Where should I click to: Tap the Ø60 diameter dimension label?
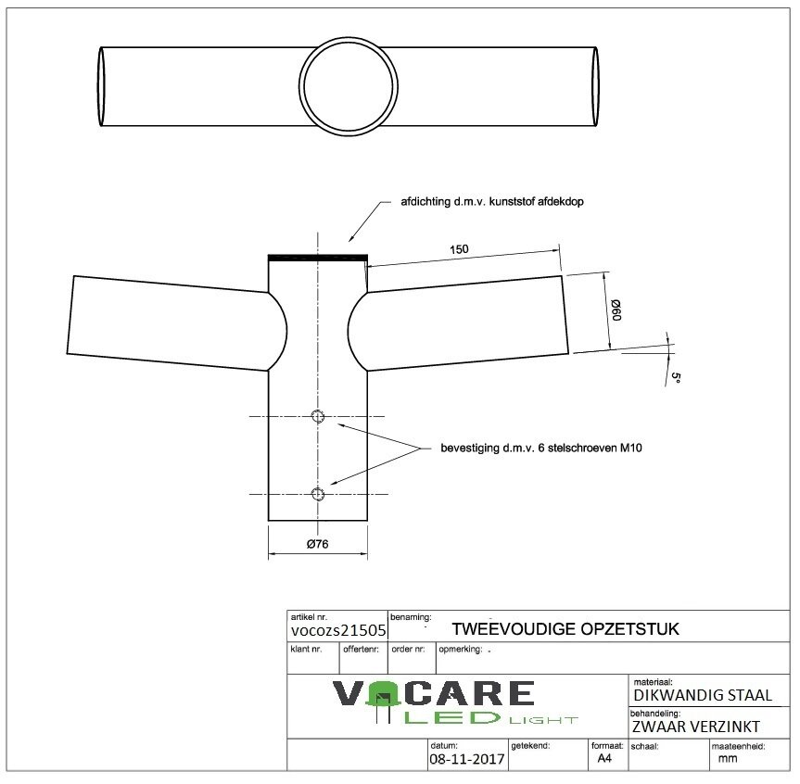click(x=615, y=311)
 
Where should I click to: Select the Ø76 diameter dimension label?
click(x=318, y=544)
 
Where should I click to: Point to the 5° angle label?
click(x=676, y=378)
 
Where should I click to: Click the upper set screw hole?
click(x=318, y=415)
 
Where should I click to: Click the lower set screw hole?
click(x=318, y=494)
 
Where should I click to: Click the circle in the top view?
click(x=347, y=84)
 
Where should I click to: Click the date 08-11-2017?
click(x=466, y=759)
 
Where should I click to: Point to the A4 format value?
click(x=604, y=758)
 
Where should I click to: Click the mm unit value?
click(x=728, y=758)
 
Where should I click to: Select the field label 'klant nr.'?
click(x=306, y=650)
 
